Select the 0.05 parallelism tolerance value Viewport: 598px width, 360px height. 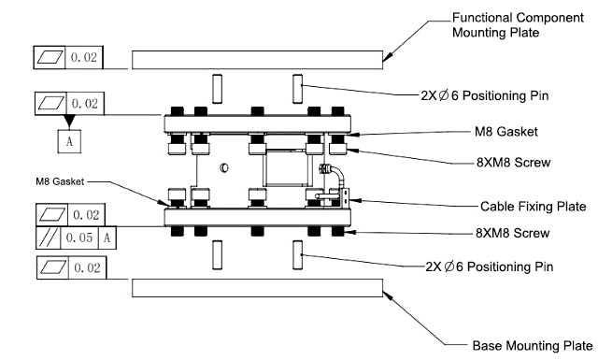tap(82, 238)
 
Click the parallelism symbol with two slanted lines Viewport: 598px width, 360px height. tap(50, 238)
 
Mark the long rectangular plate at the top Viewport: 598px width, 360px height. tap(257, 59)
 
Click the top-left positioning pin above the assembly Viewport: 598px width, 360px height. tap(216, 90)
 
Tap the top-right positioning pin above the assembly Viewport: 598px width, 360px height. tap(298, 90)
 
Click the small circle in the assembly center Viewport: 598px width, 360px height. tap(224, 169)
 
